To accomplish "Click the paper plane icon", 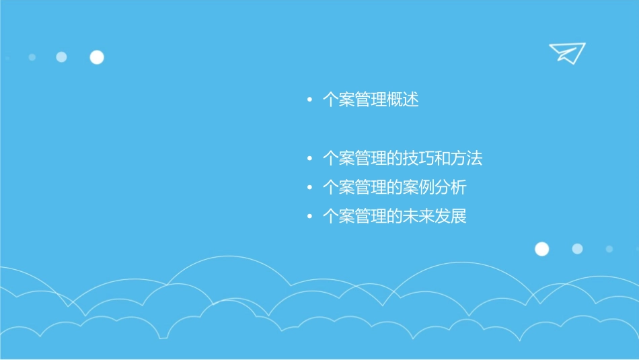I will pos(567,52).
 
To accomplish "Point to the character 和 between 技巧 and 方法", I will pos(443,159).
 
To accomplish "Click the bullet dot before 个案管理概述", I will pos(309,101).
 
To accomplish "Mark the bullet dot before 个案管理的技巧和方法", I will pos(309,159).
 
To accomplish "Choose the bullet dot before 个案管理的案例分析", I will pos(309,188).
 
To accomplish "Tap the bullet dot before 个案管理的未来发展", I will pos(309,217).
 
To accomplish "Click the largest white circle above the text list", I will pos(97,57).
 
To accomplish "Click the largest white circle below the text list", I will pos(541,249).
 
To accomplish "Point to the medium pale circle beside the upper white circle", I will pos(61,57).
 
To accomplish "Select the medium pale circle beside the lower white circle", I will pos(577,249).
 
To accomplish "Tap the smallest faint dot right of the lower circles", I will pos(609,249).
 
